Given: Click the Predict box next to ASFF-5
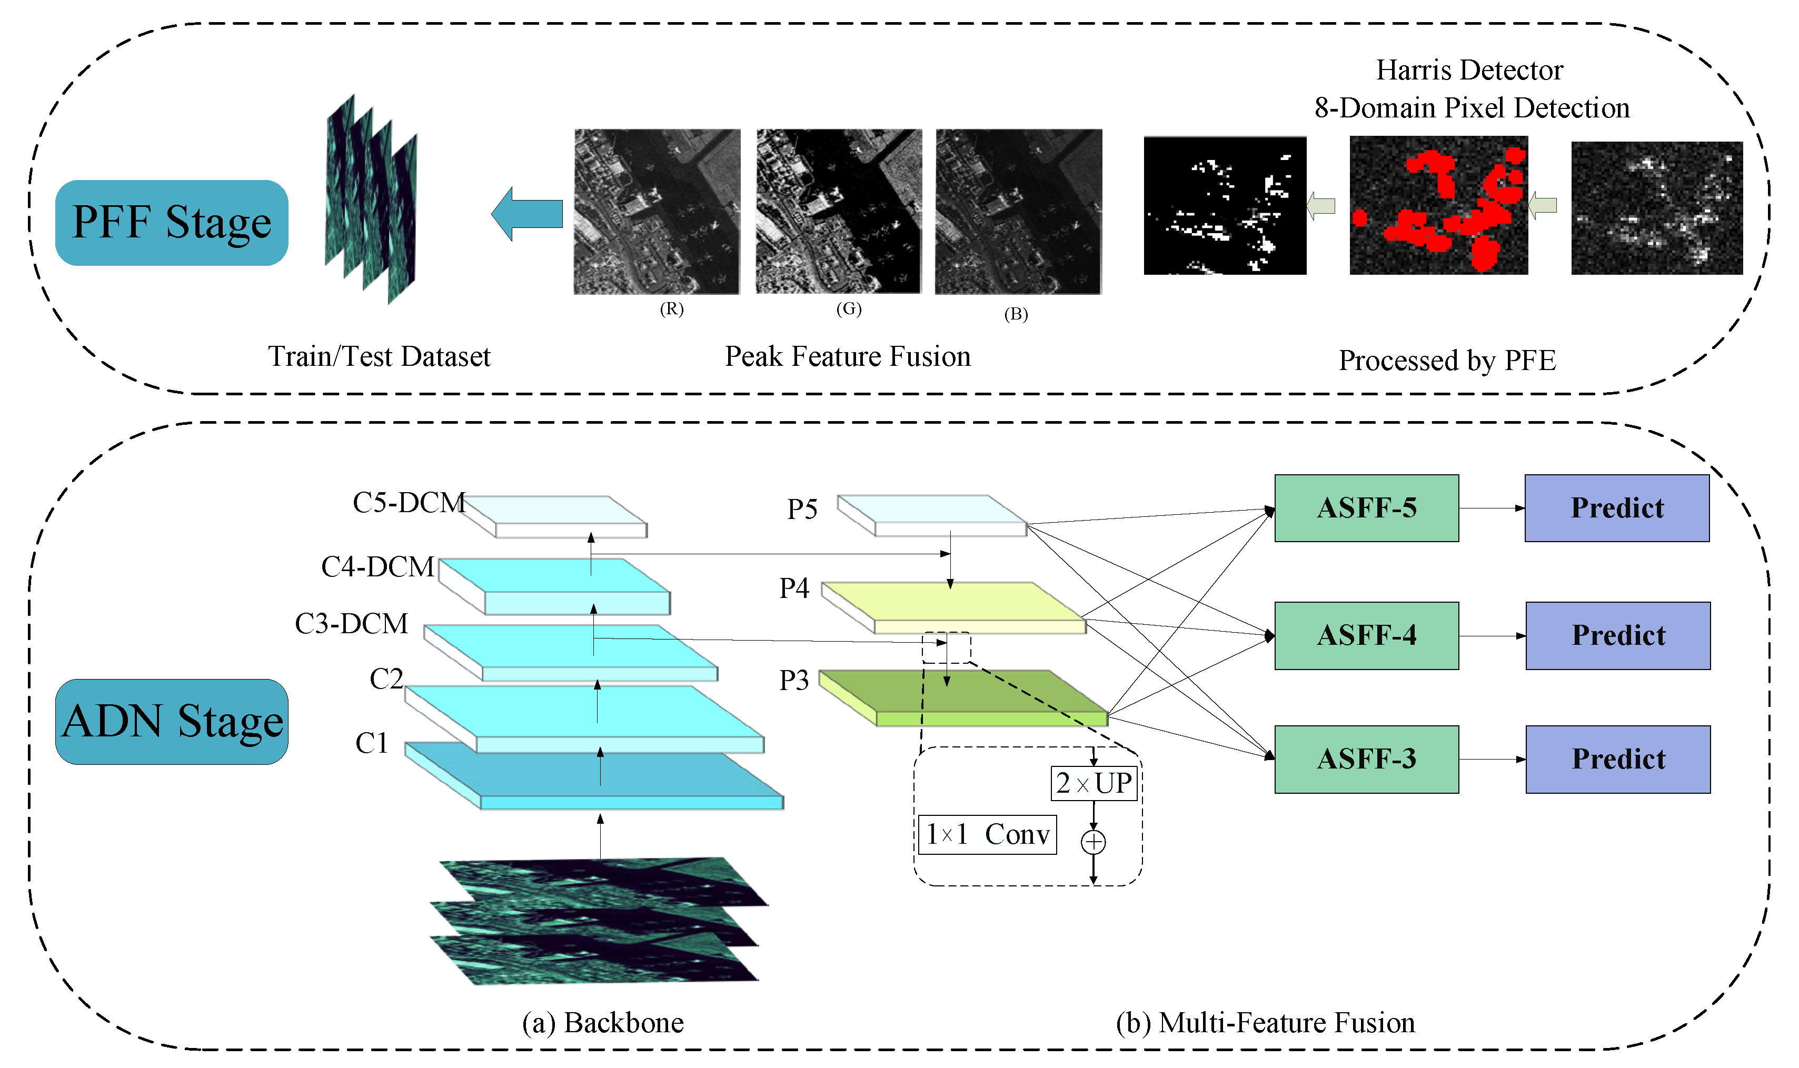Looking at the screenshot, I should click(x=1616, y=508).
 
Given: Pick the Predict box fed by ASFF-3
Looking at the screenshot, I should click(x=1618, y=759).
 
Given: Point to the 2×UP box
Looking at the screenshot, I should click(x=1094, y=783).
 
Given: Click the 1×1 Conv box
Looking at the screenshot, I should click(x=987, y=835).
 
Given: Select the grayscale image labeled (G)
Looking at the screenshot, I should click(x=838, y=211).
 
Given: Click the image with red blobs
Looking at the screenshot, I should click(x=1438, y=205).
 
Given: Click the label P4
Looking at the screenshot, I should click(x=794, y=588).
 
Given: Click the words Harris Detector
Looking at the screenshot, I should click(x=1469, y=71).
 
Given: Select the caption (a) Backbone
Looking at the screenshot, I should click(x=602, y=1023).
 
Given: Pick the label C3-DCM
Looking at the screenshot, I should click(x=351, y=624).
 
